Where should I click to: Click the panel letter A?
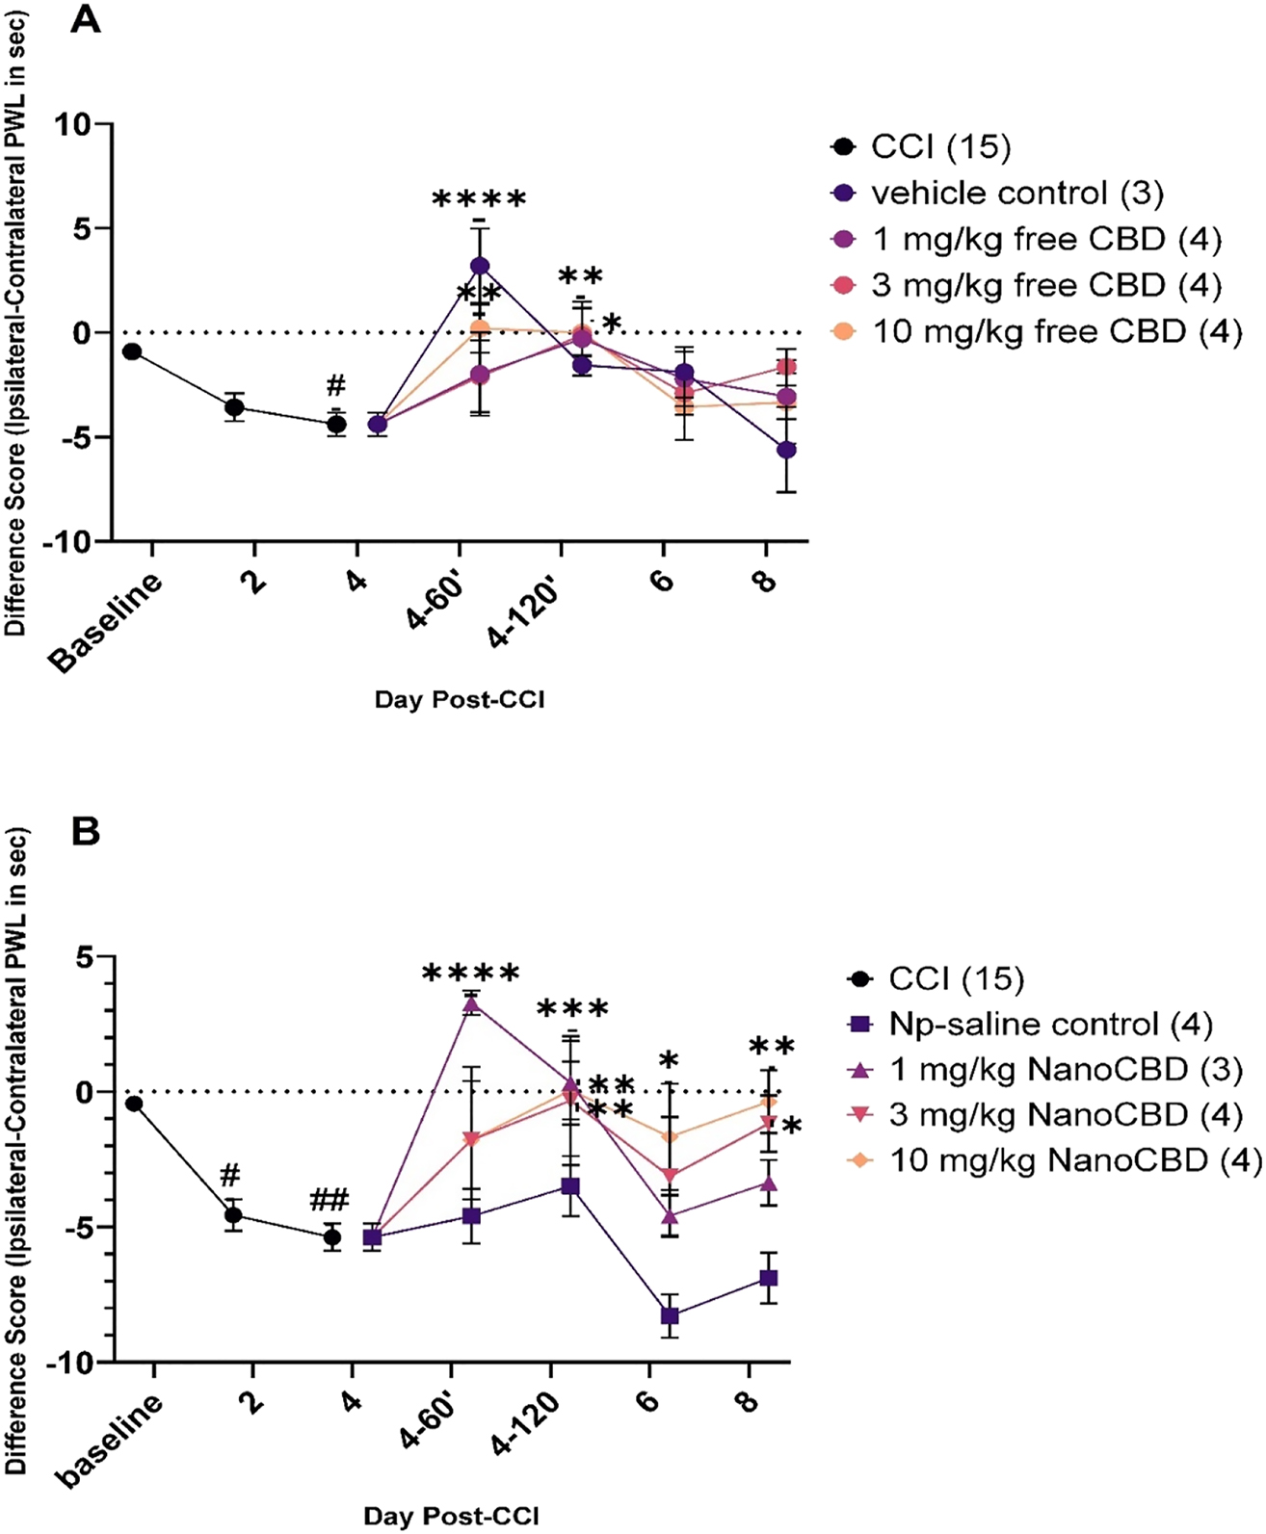pyautogui.click(x=86, y=20)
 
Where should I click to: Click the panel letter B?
pyautogui.click(x=86, y=831)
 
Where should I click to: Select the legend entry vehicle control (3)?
pyautogui.click(x=1016, y=194)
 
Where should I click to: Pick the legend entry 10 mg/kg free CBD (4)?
pyautogui.click(x=1057, y=332)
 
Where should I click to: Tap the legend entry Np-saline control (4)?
pyautogui.click(x=1049, y=1025)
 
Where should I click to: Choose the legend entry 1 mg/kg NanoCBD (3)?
pyautogui.click(x=1065, y=1070)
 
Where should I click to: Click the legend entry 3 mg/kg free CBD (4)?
pyautogui.click(x=1046, y=286)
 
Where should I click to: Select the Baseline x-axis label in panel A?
pyautogui.click(x=107, y=622)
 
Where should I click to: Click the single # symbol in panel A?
pyautogui.click(x=335, y=387)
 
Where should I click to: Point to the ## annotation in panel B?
pyautogui.click(x=330, y=1200)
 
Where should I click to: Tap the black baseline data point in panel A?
pyautogui.click(x=132, y=351)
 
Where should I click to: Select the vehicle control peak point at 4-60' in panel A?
pyautogui.click(x=480, y=266)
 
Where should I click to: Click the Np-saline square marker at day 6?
pyautogui.click(x=669, y=1316)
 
